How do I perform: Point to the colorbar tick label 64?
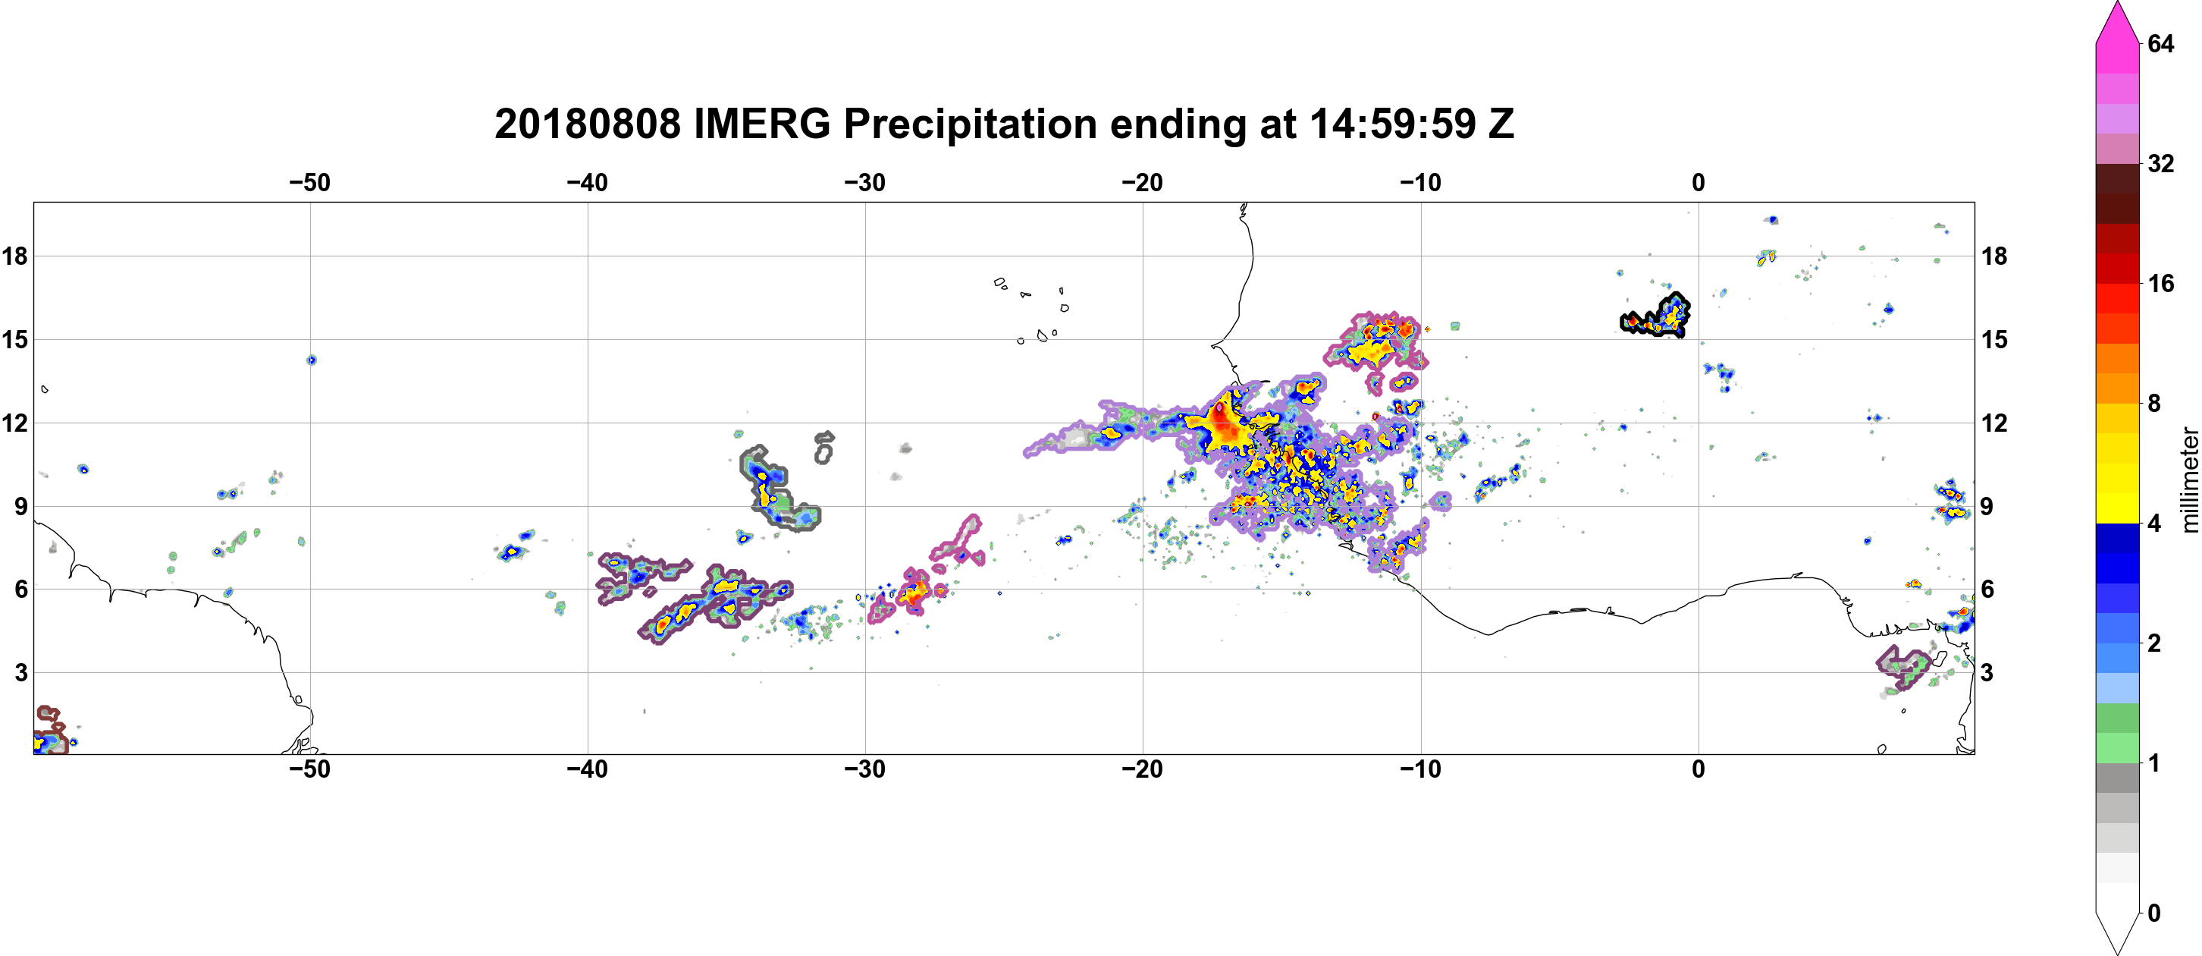tap(2160, 43)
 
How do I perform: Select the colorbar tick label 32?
tap(2160, 163)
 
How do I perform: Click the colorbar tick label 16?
tap(2160, 283)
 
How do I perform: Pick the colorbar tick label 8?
tap(2154, 403)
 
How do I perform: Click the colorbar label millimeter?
tap(2189, 480)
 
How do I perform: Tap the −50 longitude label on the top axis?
tap(309, 182)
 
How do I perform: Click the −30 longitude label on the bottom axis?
tap(865, 769)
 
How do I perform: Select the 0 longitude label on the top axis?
tap(1699, 182)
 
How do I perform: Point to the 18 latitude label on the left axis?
tap(14, 256)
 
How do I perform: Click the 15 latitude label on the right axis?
tap(1994, 339)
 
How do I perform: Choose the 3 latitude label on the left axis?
tap(21, 672)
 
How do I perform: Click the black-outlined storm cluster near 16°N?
tap(1657, 316)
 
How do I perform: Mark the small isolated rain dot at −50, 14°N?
tap(311, 360)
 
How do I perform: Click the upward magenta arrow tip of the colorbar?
tap(2116, 4)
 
